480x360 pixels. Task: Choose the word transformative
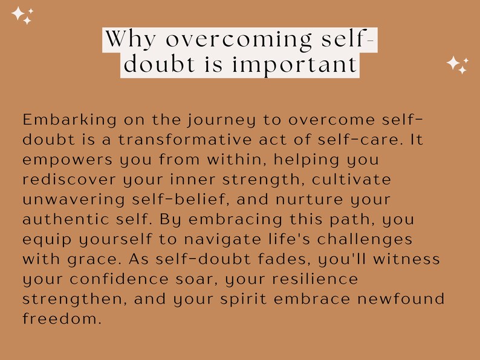click(x=182, y=140)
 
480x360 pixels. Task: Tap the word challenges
click(x=369, y=240)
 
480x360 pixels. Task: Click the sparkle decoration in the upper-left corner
click(x=22, y=15)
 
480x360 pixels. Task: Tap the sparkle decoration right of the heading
click(x=457, y=64)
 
